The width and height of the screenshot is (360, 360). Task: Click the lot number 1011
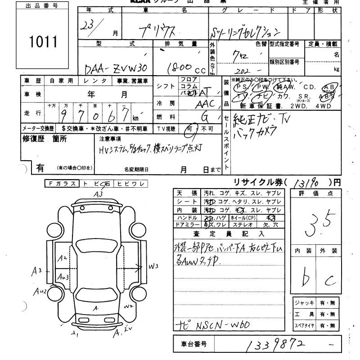tap(44, 42)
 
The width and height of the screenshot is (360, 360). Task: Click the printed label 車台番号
tap(194, 344)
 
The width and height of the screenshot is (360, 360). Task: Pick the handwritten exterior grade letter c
tap(331, 281)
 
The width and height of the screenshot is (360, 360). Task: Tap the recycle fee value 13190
tap(308, 183)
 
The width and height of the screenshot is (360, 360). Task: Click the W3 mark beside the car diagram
tap(154, 266)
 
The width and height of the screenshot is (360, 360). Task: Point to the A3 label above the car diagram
tap(98, 194)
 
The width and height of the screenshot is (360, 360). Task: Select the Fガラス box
tap(62, 184)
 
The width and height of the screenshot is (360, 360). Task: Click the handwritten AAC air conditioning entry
tap(206, 104)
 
